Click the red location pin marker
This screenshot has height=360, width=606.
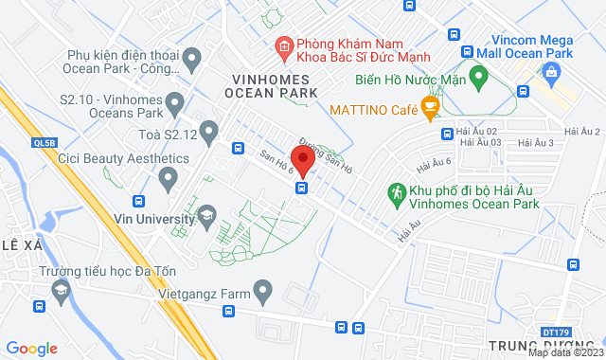tap(302, 158)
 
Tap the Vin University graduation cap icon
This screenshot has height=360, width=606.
tap(205, 219)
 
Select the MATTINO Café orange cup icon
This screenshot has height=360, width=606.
tap(430, 110)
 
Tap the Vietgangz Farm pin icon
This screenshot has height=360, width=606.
tap(263, 291)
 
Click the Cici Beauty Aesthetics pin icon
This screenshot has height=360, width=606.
tap(169, 176)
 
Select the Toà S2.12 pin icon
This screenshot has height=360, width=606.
tap(209, 131)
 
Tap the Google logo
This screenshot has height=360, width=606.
tap(31, 349)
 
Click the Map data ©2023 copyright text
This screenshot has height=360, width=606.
tap(565, 353)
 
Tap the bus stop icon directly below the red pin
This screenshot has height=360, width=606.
tap(301, 188)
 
